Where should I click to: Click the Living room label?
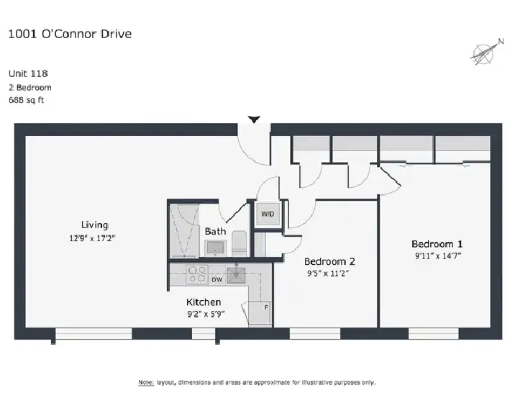[95, 225]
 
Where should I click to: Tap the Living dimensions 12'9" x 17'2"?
[92, 238]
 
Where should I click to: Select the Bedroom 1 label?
[437, 244]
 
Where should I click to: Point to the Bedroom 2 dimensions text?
[328, 273]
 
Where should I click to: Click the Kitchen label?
[204, 302]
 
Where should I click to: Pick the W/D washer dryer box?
[268, 214]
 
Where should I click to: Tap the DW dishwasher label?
[217, 280]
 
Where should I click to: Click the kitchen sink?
[236, 275]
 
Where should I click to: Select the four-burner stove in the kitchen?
[197, 274]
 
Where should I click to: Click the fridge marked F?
[260, 313]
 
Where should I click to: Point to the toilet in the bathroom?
[239, 243]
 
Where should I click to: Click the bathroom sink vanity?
[215, 248]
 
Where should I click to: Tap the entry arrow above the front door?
[254, 119]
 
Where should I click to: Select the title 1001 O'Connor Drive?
[70, 34]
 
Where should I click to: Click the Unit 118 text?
[28, 73]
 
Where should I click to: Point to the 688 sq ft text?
[27, 100]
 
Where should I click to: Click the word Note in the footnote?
[146, 382]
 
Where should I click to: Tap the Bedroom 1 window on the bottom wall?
[434, 333]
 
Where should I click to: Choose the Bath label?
[215, 231]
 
